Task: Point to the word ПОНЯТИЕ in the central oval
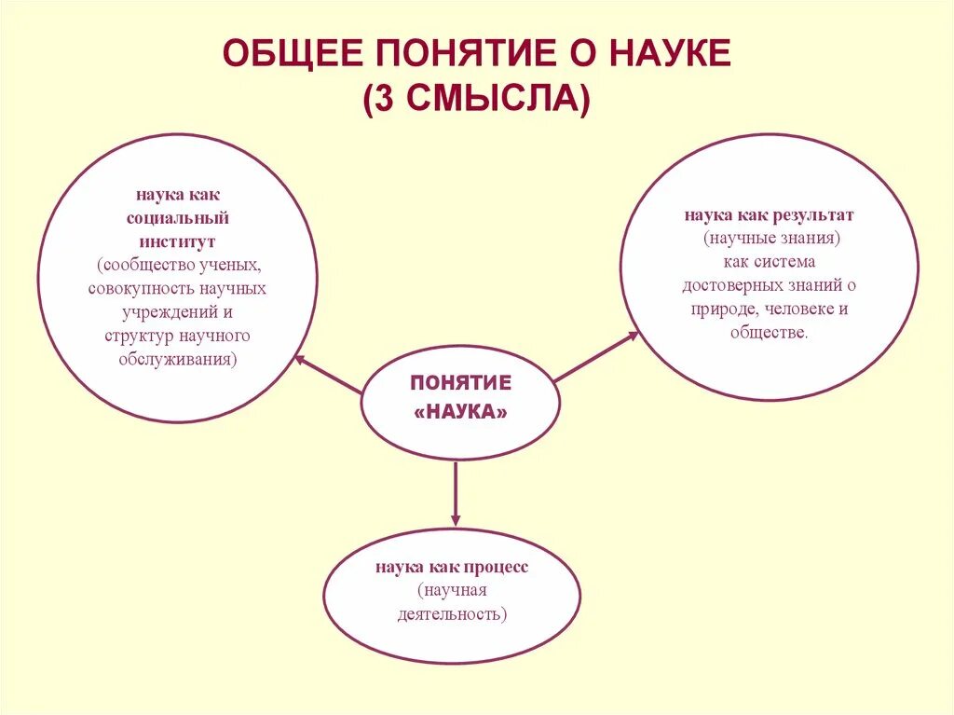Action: tap(461, 383)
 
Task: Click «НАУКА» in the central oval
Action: tap(461, 412)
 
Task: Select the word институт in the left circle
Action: tap(178, 241)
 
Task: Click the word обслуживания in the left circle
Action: tap(178, 358)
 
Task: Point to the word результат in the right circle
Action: tap(811, 215)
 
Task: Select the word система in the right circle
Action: tap(787, 262)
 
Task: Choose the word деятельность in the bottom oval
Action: tap(452, 613)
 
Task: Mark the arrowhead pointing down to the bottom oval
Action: tap(456, 517)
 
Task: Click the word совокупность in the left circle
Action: tap(133, 288)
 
